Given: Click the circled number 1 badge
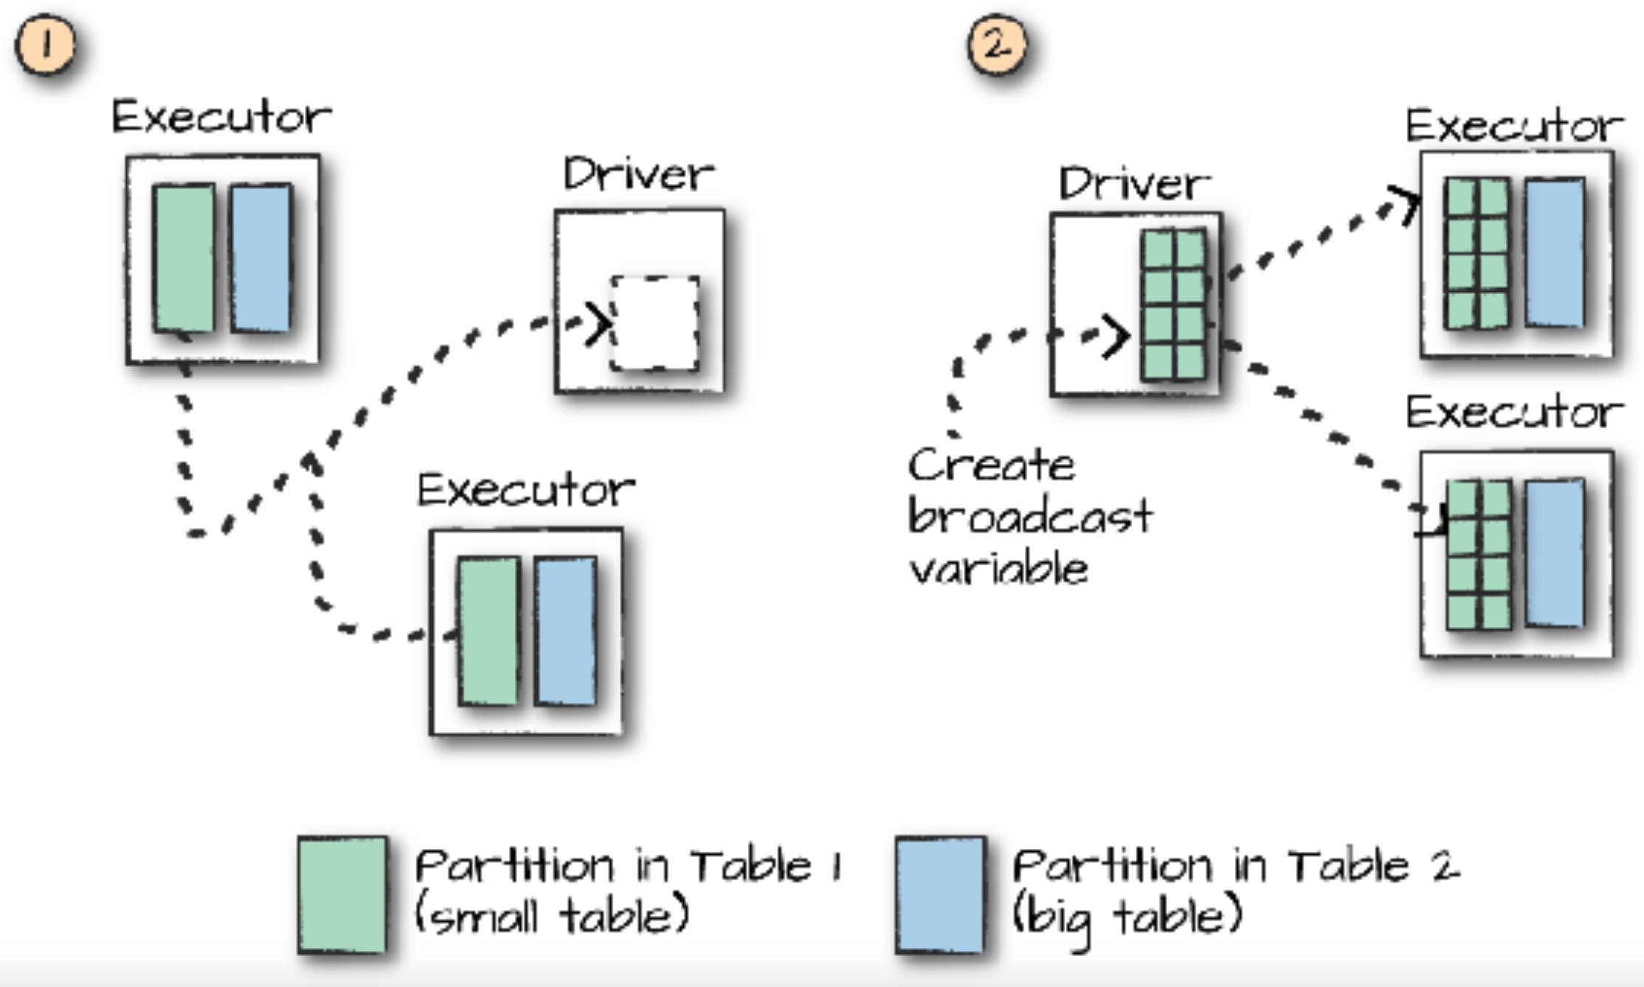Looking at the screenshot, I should pos(46,46).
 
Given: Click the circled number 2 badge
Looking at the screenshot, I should pos(997,46).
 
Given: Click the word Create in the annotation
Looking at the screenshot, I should pos(991,465).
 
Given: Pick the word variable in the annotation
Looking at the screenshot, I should pos(999,569).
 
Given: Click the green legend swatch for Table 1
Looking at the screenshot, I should pos(342,895).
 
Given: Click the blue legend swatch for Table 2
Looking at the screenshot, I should pos(940,895).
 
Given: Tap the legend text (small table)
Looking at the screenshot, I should pos(552,916).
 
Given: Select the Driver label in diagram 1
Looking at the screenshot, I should pos(639,175).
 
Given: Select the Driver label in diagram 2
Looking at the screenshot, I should pos(1134,183).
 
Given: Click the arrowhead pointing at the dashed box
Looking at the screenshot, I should pos(598,324).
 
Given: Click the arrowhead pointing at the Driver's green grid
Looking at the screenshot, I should pos(1115,336).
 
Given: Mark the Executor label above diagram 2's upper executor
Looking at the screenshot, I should pos(1514,126).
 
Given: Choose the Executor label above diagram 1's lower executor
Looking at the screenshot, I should pos(526,490).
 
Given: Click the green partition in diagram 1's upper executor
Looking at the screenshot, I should pos(185,259).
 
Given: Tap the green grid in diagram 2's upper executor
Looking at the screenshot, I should pos(1476,253).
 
